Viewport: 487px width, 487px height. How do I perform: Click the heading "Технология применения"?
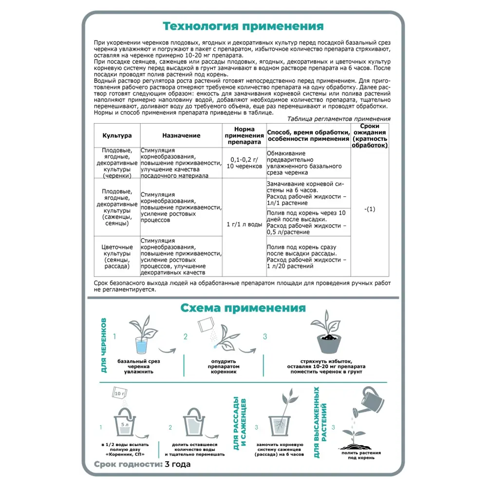(243, 26)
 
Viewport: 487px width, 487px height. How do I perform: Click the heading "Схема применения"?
(243, 308)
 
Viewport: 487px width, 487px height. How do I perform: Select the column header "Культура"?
(117, 135)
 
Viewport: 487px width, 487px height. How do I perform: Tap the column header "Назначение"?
(181, 135)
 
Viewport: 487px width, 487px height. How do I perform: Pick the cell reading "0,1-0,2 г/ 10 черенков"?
(244, 163)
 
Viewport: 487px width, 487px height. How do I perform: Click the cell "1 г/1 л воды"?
(244, 225)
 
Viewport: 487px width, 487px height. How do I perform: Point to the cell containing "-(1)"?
(370, 209)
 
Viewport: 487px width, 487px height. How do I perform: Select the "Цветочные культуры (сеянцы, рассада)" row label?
(117, 256)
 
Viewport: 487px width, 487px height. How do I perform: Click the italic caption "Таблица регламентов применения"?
(339, 119)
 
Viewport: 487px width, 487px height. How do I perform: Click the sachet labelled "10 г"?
(120, 393)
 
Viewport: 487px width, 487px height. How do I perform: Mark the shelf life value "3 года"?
(178, 464)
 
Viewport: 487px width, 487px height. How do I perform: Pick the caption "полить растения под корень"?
(361, 455)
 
